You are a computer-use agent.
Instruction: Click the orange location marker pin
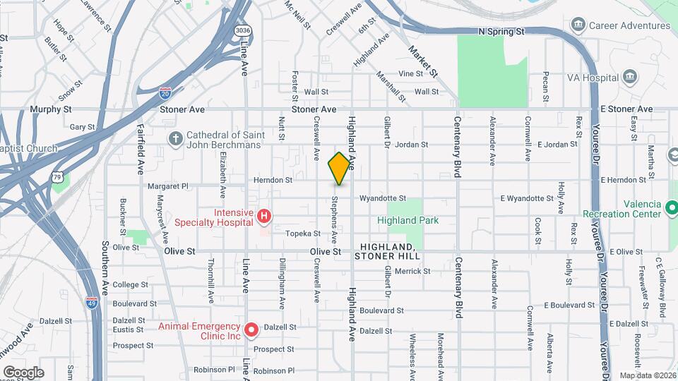pos(340,168)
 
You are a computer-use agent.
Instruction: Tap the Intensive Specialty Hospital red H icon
pos(263,214)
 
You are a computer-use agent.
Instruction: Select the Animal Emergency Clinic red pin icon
pos(251,329)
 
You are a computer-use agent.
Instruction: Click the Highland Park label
pos(408,220)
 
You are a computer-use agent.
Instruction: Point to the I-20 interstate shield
pos(164,92)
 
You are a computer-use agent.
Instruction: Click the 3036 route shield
pos(243,30)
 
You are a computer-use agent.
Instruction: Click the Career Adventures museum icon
pos(578,26)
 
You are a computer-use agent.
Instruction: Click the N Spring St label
pos(501,32)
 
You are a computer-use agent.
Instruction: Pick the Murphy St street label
pos(51,109)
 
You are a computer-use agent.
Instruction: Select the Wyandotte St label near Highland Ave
pos(383,198)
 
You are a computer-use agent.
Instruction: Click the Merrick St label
pos(412,270)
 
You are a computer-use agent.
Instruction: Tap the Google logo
pos(23,372)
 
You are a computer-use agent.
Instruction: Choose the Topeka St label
pos(298,233)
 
